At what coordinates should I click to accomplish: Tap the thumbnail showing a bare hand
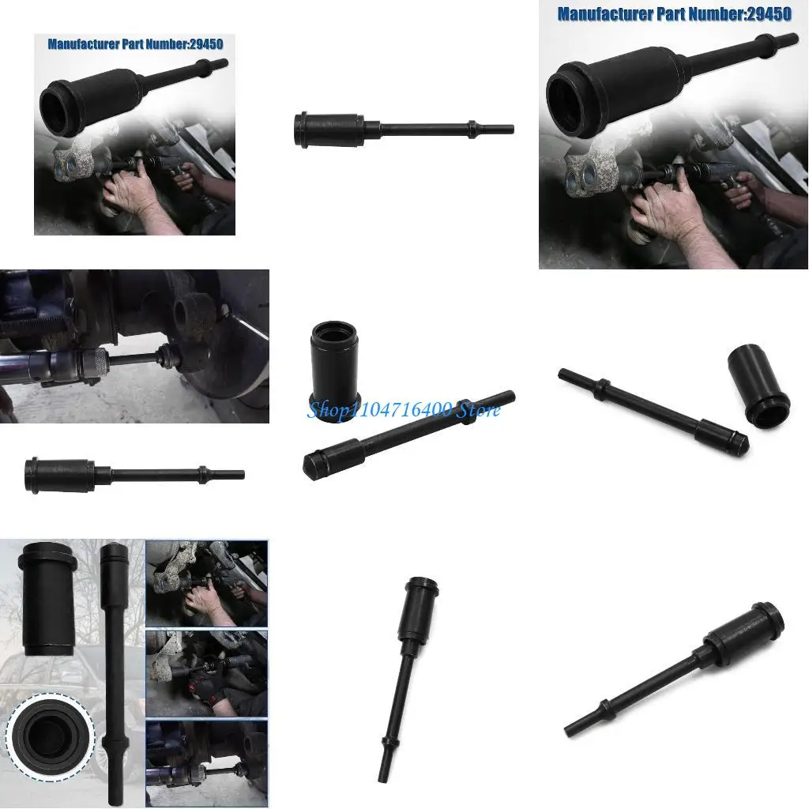[207, 584]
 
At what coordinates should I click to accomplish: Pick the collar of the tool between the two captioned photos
[472, 126]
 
